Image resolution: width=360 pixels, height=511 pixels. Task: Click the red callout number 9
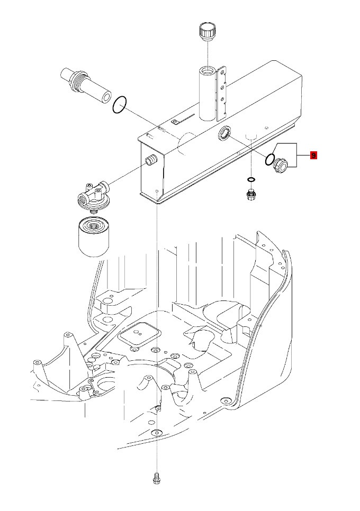click(313, 156)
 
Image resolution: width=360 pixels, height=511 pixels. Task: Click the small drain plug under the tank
click(251, 194)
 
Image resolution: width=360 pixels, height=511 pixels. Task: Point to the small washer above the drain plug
click(251, 179)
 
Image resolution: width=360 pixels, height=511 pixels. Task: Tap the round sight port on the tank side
click(225, 135)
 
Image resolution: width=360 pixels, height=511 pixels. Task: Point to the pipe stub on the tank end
click(151, 160)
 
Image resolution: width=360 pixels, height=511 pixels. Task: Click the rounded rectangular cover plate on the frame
click(140, 335)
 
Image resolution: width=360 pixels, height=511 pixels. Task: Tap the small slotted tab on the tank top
click(175, 122)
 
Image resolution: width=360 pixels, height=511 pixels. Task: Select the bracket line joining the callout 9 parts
click(296, 156)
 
